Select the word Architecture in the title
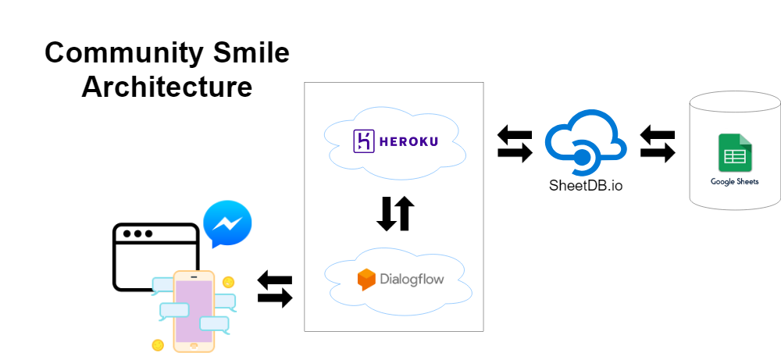pyautogui.click(x=166, y=86)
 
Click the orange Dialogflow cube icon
pyautogui.click(x=366, y=279)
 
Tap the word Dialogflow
pyautogui.click(x=411, y=279)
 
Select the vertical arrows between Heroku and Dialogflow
pyautogui.click(x=395, y=213)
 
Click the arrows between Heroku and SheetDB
pyautogui.click(x=515, y=144)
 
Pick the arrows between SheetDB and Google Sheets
pyautogui.click(x=658, y=144)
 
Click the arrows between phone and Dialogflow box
pyautogui.click(x=275, y=289)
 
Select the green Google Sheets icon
pyautogui.click(x=734, y=153)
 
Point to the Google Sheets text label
pyautogui.click(x=734, y=182)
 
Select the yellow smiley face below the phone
pyautogui.click(x=158, y=344)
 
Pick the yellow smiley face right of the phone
pyautogui.click(x=228, y=282)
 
